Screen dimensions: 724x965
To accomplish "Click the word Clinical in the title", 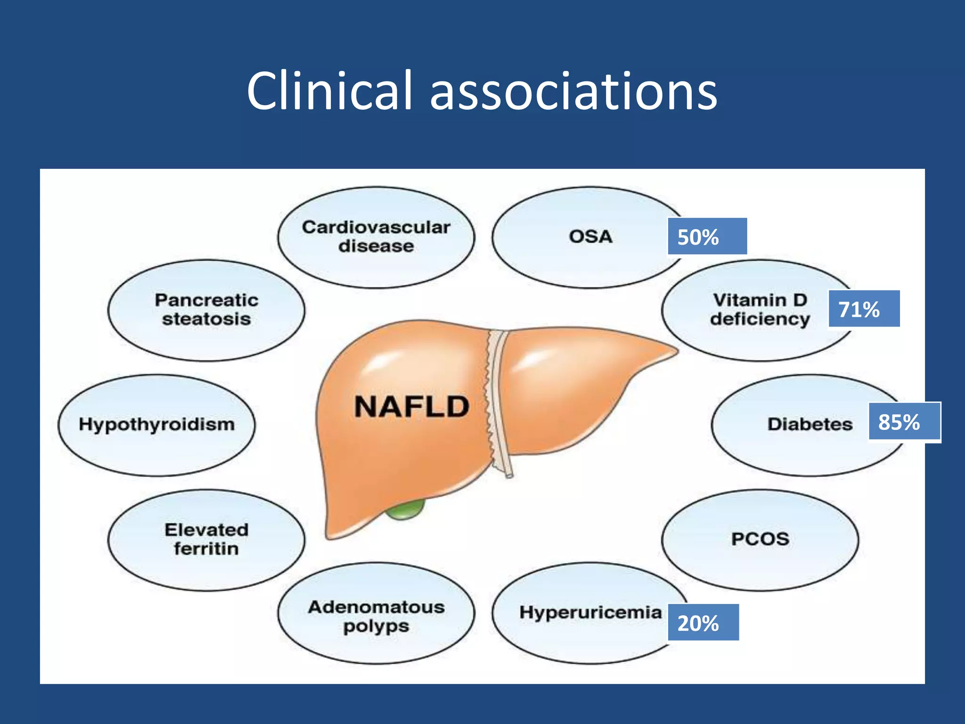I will tap(329, 90).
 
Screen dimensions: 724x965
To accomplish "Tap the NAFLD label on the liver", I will tap(411, 407).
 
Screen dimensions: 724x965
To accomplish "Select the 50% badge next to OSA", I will tap(707, 237).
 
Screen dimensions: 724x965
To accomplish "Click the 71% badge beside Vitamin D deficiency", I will tap(864, 309).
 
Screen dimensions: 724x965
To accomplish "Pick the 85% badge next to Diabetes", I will tap(904, 422).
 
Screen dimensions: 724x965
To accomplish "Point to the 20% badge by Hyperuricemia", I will tap(703, 623).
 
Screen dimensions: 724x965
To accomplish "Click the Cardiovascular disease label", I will tap(376, 237).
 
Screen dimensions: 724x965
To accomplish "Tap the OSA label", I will tap(590, 237).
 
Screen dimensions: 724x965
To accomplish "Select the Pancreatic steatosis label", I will tap(206, 310).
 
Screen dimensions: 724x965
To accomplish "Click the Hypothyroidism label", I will tap(157, 424).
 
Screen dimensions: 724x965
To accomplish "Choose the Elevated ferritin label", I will tap(206, 539).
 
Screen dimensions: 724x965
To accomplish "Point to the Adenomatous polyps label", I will tap(376, 616).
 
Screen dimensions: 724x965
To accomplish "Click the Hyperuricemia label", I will tap(590, 612).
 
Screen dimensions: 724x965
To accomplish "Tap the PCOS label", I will tap(760, 539).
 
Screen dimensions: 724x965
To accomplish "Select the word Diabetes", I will tap(810, 424).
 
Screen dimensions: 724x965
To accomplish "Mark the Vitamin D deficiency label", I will tap(760, 310).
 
